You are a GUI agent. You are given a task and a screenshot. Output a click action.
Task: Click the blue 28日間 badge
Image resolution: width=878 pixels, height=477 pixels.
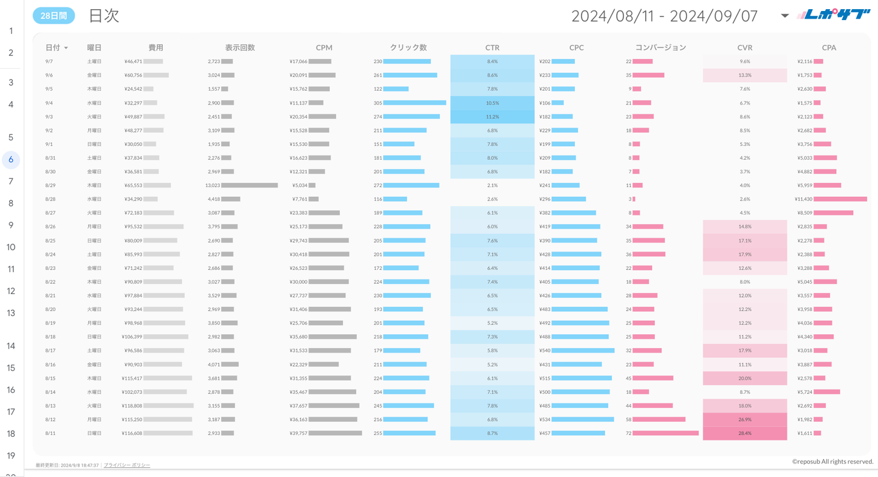[53, 16]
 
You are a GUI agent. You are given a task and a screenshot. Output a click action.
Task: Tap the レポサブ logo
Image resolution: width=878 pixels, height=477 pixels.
[835, 15]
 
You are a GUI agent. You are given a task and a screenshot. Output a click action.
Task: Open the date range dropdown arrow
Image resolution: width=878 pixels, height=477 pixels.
[784, 16]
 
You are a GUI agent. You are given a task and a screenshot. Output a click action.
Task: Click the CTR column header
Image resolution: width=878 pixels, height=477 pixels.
[492, 47]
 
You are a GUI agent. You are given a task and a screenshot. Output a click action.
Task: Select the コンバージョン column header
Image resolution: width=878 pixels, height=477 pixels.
[660, 47]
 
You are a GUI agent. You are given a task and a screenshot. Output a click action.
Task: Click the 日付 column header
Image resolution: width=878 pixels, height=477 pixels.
[53, 47]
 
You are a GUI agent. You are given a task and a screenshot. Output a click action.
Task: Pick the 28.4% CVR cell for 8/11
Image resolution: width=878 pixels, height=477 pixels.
[744, 433]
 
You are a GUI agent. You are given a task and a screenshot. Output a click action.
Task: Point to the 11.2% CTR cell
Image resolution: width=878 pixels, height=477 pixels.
[492, 117]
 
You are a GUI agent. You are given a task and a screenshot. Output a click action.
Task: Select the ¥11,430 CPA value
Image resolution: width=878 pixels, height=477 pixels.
[803, 199]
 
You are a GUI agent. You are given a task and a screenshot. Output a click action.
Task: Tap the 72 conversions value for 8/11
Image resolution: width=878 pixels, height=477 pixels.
[628, 433]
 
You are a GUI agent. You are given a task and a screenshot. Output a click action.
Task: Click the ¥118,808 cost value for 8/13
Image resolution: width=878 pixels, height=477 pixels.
[132, 406]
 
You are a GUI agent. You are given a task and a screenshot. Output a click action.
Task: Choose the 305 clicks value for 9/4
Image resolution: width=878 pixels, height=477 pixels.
[378, 103]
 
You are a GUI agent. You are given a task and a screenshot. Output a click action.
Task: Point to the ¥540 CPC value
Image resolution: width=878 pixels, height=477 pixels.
[545, 351]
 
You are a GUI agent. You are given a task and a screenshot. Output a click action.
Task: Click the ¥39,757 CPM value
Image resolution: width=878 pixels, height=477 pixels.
[298, 433]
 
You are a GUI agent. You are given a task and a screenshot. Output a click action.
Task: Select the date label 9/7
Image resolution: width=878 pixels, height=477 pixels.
[49, 61]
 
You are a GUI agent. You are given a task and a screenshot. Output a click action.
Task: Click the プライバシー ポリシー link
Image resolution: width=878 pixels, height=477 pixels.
[127, 465]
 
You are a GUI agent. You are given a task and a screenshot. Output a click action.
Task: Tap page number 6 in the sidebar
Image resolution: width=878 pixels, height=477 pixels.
[11, 160]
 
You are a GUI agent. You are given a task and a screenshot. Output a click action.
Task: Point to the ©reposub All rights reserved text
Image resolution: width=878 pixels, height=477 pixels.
[832, 462]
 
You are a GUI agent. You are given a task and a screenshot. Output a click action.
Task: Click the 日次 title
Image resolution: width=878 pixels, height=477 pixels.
[104, 16]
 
